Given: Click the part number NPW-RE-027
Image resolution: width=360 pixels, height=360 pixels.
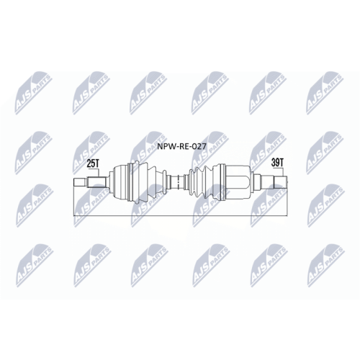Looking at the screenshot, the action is pyautogui.click(x=181, y=146).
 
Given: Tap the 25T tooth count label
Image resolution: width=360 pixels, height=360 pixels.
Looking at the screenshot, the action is pyautogui.click(x=93, y=163).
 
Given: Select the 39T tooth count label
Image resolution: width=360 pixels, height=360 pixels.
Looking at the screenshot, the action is pyautogui.click(x=277, y=163).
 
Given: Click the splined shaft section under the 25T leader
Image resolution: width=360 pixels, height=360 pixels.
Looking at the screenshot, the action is pyautogui.click(x=96, y=182).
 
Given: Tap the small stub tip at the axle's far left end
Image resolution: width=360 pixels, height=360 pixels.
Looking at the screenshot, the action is pyautogui.click(x=79, y=182).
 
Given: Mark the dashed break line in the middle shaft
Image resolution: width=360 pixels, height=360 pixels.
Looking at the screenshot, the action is pyautogui.click(x=178, y=182).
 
